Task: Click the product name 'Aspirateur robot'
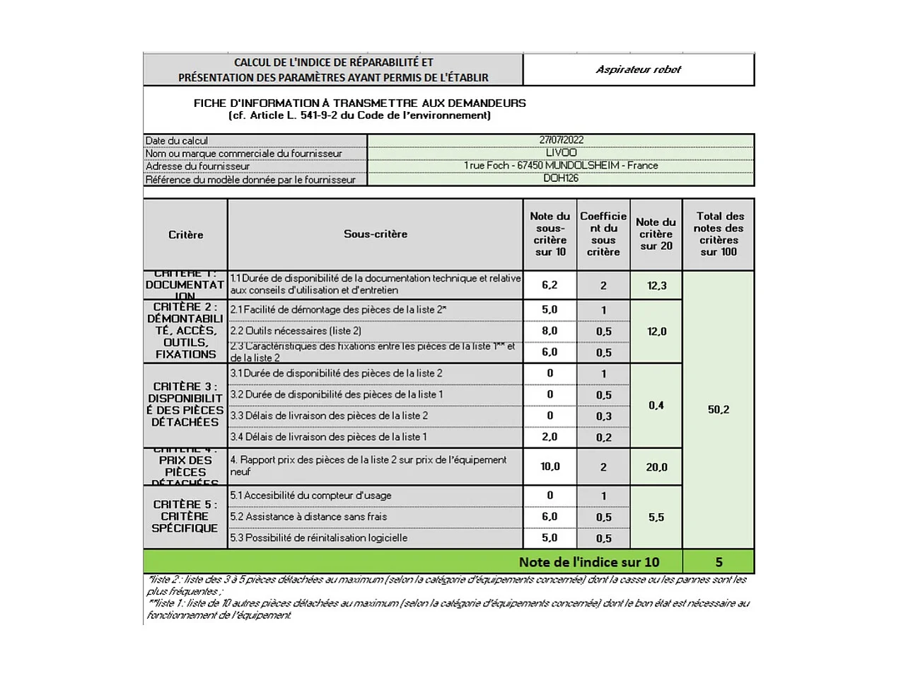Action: click(638, 69)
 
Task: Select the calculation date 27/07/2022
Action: click(561, 140)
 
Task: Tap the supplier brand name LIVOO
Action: click(561, 153)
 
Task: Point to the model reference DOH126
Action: click(561, 178)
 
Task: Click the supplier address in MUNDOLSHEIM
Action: click(561, 166)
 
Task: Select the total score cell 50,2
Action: click(719, 409)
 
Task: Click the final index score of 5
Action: click(719, 562)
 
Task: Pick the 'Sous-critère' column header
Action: click(376, 234)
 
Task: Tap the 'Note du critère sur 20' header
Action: click(656, 234)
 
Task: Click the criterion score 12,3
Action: click(656, 285)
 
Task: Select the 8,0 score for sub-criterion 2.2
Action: click(550, 331)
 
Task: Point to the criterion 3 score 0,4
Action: click(656, 406)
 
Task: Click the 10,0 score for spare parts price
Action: click(550, 466)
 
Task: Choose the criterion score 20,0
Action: click(656, 467)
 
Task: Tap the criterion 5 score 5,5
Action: click(656, 517)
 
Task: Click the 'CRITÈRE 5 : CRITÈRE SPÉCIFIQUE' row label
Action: click(185, 516)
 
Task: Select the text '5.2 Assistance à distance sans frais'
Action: click(308, 517)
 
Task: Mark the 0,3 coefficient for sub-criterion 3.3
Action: click(603, 416)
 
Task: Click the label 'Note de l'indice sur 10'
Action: click(588, 562)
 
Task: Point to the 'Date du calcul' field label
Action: click(177, 141)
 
